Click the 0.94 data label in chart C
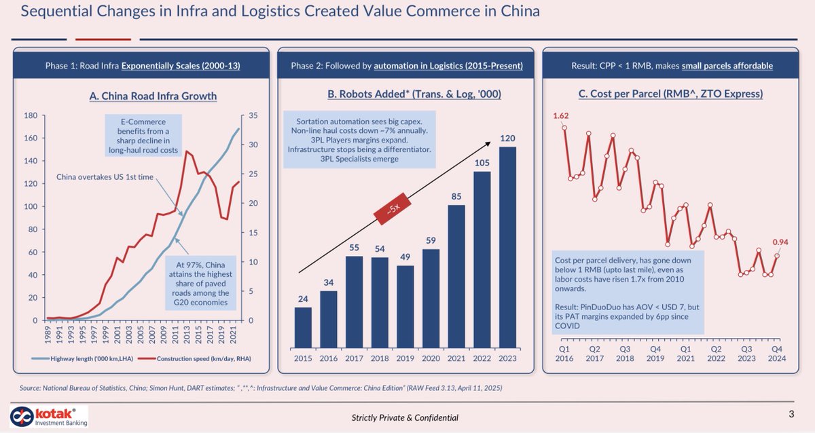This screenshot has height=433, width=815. coord(780,242)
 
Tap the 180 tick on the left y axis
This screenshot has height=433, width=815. coord(31,116)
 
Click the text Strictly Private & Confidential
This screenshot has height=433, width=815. coord(405,417)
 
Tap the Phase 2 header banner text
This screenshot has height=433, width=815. coord(406,66)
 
